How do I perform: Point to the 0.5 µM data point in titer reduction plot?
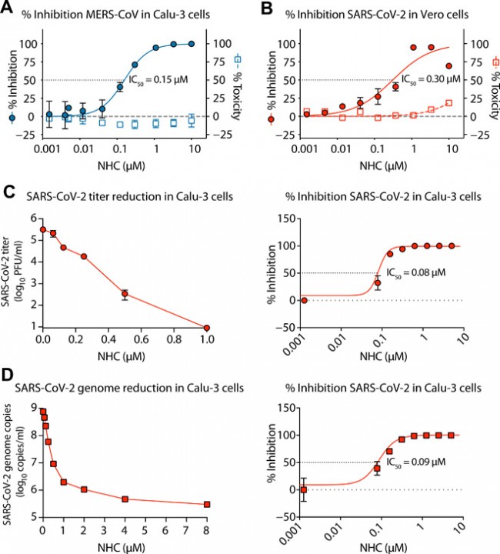125,293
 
